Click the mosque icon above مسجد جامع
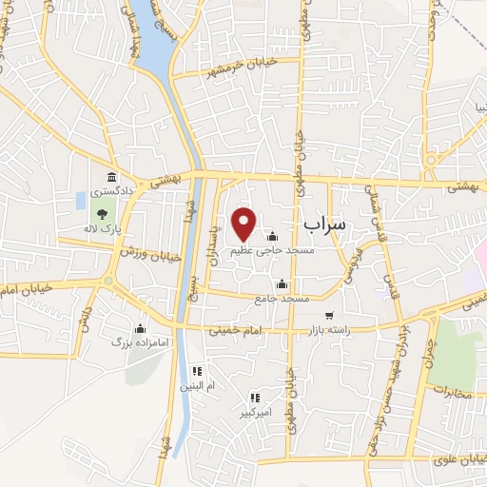coord(282,284)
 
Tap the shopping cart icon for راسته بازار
coord(329,316)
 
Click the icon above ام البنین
coord(197,371)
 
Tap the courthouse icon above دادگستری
coord(112,177)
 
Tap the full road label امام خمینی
coord(231,330)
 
